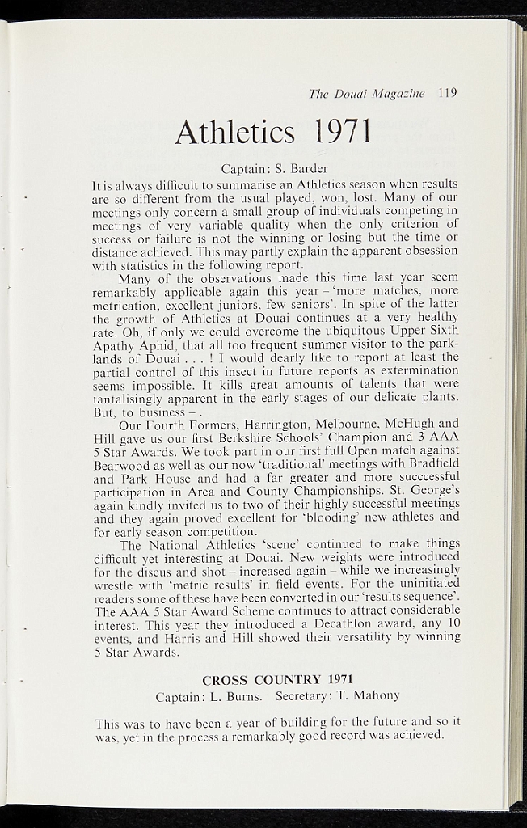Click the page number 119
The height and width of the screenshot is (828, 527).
(x=447, y=93)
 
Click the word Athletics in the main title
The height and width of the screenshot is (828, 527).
(x=234, y=131)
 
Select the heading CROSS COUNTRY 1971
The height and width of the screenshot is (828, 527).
(x=277, y=679)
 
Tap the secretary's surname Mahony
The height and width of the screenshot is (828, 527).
(x=373, y=695)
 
